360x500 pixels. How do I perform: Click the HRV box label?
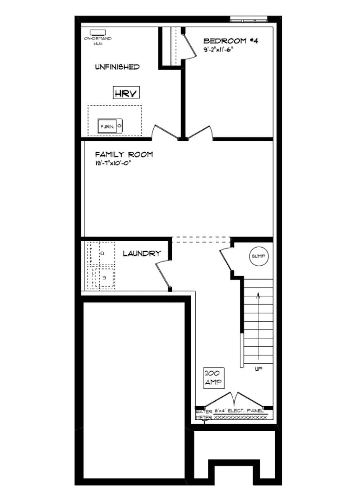[x=126, y=94]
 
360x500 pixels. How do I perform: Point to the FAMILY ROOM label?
[x=124, y=154]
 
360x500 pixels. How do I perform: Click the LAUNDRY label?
[x=142, y=253]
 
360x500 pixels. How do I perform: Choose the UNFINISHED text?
[x=117, y=67]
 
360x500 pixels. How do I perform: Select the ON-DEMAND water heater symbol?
[x=97, y=32]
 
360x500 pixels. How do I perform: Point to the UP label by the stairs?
[x=258, y=368]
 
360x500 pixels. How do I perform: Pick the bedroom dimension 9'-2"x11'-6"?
[x=218, y=50]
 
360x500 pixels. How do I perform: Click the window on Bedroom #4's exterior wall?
[x=249, y=18]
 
